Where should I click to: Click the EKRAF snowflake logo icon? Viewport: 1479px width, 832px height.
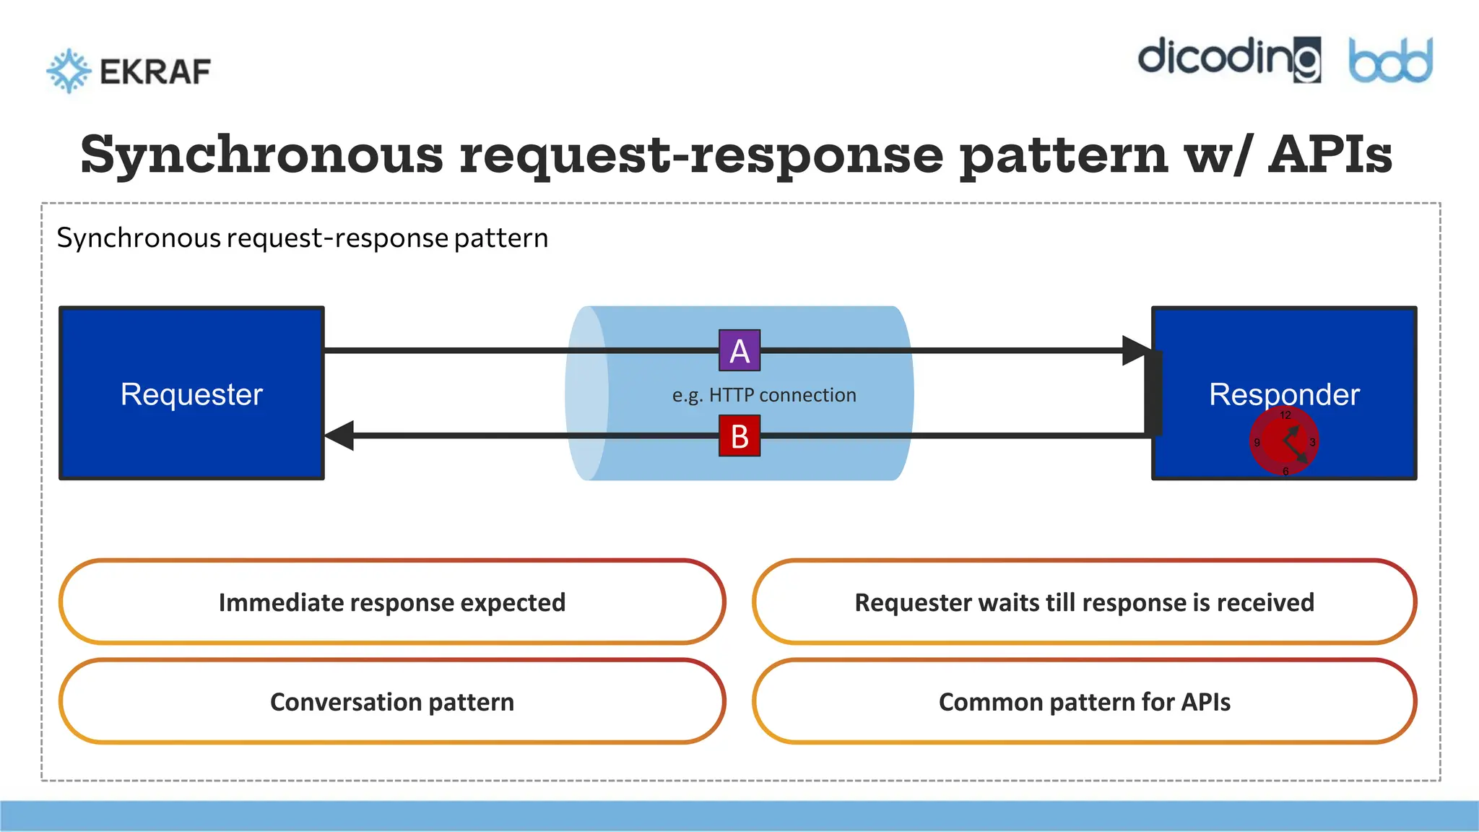[x=69, y=71]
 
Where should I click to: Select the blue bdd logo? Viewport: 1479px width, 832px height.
[x=1390, y=61]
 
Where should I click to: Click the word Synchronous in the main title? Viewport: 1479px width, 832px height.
[x=261, y=155]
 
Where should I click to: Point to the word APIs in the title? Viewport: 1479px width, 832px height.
[x=1330, y=155]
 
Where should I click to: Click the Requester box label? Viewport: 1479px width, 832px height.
[x=191, y=394]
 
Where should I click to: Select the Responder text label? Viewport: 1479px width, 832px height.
[x=1284, y=394]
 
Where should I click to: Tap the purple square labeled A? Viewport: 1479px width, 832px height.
[x=739, y=351]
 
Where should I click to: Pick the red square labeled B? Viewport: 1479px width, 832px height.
[x=739, y=436]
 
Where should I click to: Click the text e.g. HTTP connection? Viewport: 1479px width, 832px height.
[x=764, y=395]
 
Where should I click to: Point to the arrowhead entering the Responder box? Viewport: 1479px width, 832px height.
[x=1137, y=350]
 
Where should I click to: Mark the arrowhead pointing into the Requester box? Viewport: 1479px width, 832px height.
[x=339, y=435]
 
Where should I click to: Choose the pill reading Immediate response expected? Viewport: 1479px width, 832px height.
[x=392, y=602]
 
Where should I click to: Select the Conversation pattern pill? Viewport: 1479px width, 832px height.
[x=392, y=702]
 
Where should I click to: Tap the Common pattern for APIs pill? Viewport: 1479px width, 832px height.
[x=1084, y=702]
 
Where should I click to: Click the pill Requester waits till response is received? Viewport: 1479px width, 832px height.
[x=1084, y=602]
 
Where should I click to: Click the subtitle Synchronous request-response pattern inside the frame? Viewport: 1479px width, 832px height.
[x=303, y=238]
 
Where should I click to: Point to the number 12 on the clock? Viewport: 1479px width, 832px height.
[x=1285, y=415]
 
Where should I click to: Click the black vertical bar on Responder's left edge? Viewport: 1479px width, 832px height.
[x=1153, y=393]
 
